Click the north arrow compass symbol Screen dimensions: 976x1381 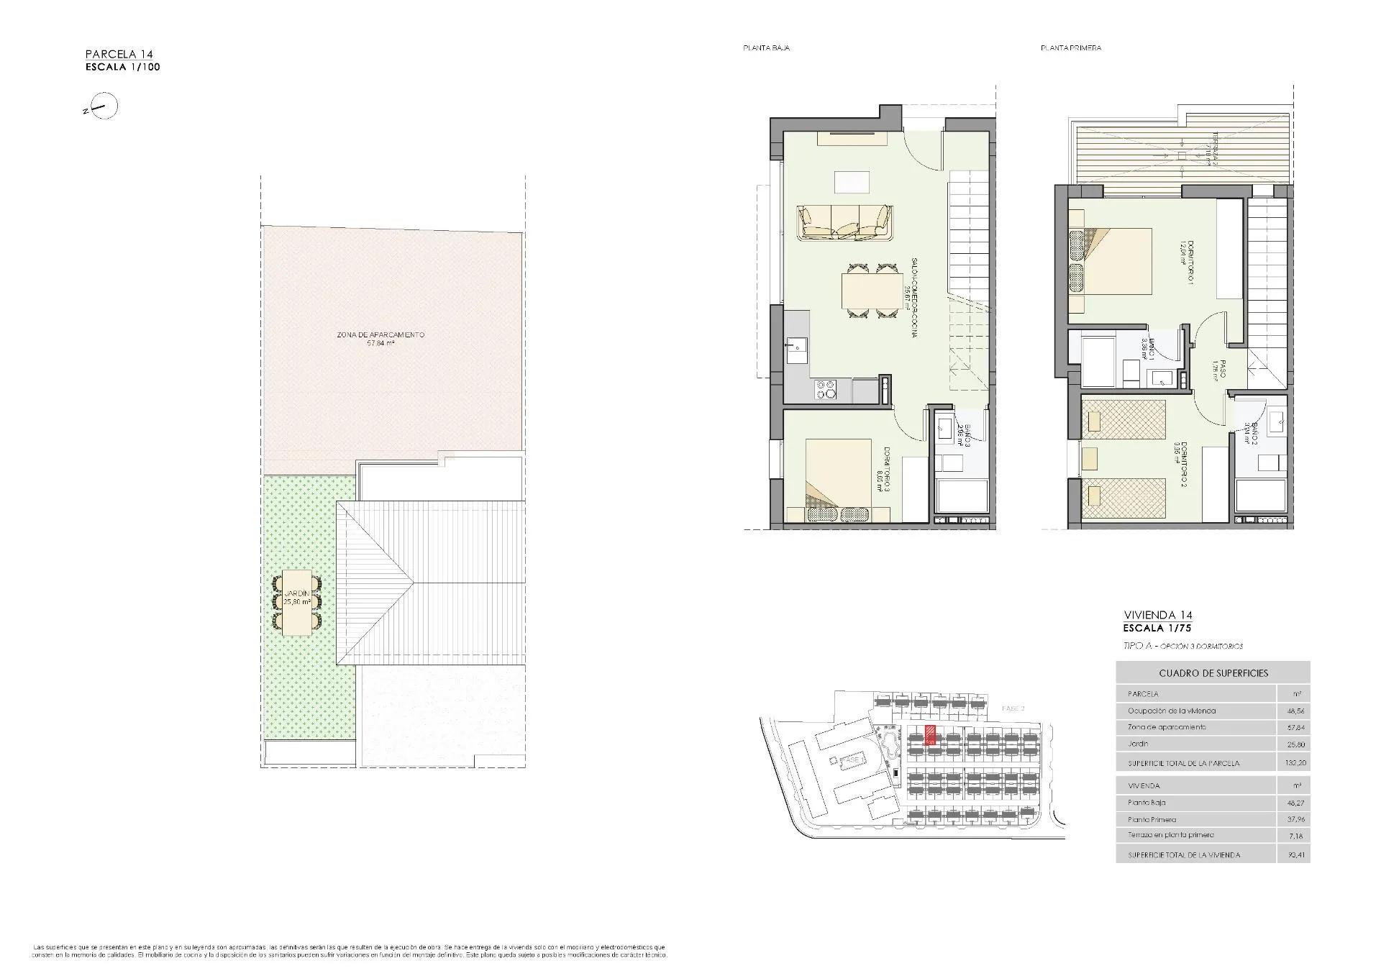(105, 107)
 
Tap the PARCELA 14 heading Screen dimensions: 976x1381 (119, 54)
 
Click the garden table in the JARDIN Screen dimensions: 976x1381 (297, 603)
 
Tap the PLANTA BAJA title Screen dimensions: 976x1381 (766, 48)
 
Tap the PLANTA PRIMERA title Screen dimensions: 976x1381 (1070, 48)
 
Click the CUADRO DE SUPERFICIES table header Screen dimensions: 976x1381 (1213, 673)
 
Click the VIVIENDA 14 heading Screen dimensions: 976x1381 (1158, 615)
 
